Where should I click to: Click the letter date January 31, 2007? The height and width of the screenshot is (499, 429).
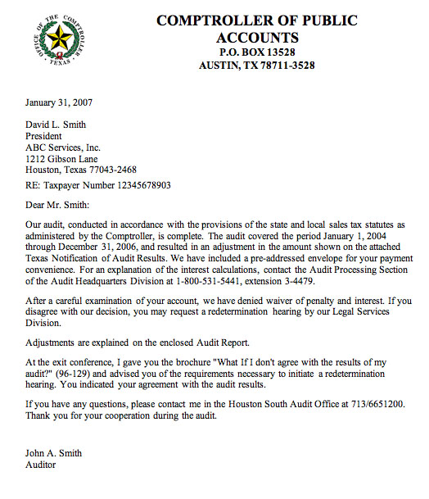57,104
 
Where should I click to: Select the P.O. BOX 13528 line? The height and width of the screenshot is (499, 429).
257,52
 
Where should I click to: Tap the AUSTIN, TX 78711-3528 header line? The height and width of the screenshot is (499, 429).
257,66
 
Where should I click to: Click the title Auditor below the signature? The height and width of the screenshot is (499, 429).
41,465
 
